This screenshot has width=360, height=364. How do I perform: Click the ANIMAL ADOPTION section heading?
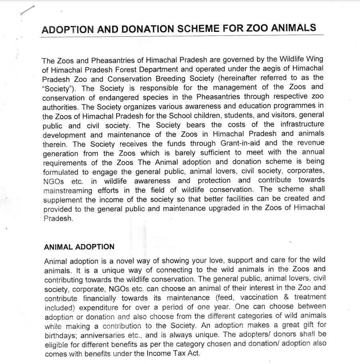pyautogui.click(x=79, y=247)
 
